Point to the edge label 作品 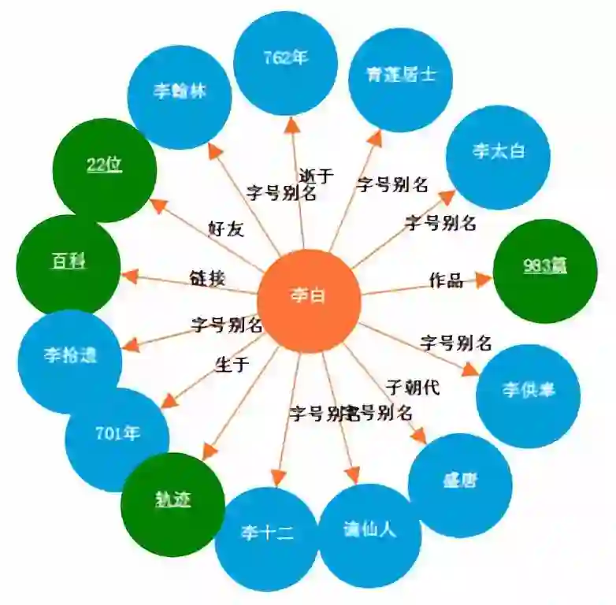445,280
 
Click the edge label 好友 226,229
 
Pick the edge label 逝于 317,176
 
